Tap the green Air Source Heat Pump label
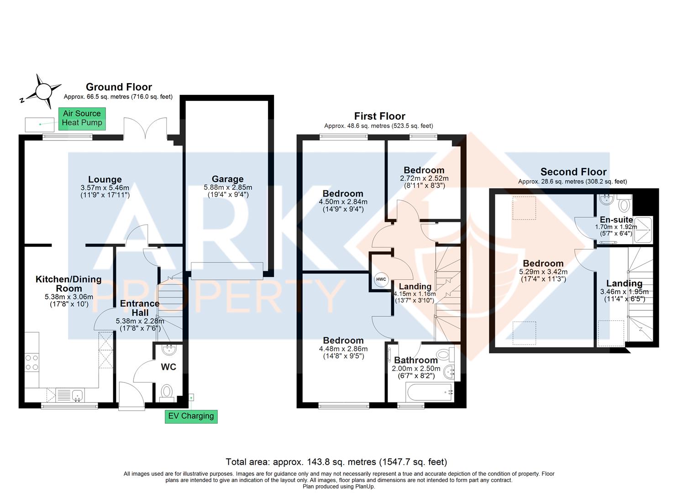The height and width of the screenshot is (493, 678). [82, 118]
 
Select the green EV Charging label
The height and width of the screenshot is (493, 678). [191, 416]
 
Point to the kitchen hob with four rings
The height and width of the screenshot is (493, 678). [32, 362]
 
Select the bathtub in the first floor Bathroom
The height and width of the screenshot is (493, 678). [429, 392]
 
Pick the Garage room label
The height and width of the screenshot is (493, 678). [227, 179]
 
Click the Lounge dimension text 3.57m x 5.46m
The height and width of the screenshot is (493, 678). [105, 188]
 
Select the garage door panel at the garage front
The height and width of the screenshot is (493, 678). [227, 270]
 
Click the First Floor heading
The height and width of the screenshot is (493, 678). [379, 116]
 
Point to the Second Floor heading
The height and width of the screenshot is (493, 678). [573, 172]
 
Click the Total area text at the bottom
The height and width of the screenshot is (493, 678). [336, 462]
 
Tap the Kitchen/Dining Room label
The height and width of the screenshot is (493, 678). [68, 283]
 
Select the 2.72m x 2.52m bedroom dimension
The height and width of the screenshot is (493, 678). [424, 178]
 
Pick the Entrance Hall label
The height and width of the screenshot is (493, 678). [140, 308]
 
